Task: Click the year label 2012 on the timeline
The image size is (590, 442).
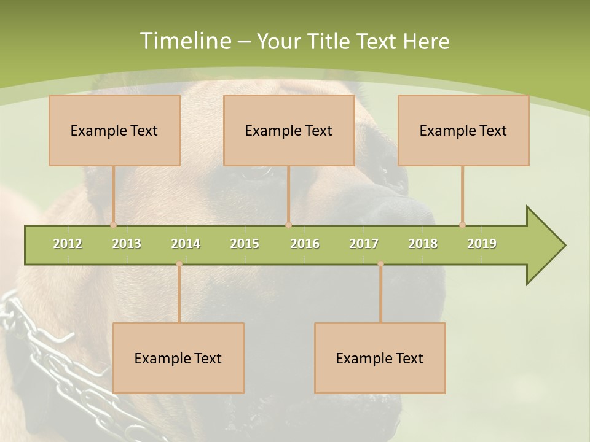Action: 68,244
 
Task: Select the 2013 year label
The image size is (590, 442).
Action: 127,244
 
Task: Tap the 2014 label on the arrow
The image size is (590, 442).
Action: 186,244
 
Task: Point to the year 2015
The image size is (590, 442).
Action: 245,244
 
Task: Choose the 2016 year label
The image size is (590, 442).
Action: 305,244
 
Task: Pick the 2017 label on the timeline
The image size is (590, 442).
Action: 364,244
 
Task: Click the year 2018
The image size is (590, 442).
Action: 423,244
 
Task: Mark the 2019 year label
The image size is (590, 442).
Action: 482,244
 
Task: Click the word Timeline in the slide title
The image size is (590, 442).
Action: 184,41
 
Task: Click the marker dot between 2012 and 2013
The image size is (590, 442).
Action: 113,225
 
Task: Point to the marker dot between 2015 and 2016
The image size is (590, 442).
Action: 288,225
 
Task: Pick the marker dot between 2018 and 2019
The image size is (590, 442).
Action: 462,225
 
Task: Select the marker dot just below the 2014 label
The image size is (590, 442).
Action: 179,264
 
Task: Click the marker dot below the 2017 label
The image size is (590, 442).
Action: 380,264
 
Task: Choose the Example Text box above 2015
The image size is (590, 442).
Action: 289,130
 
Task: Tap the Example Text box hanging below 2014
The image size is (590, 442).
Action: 178,358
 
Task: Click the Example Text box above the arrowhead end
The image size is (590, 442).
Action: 463,130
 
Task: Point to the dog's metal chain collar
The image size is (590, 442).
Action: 55,362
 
